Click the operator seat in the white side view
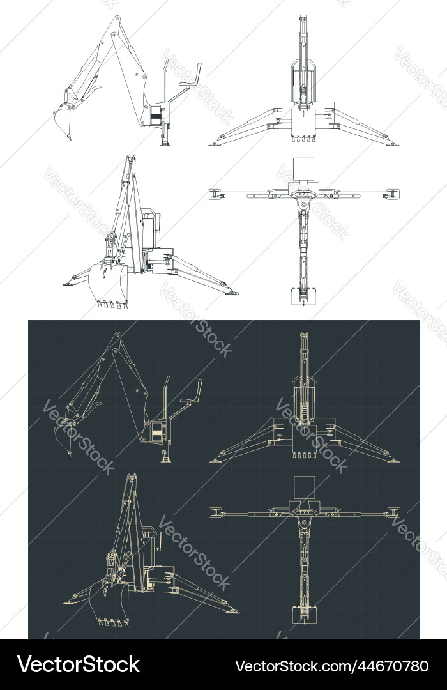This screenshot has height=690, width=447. coord(187,85)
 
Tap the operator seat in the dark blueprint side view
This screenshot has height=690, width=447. coord(188,401)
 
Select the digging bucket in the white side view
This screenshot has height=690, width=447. coord(63,121)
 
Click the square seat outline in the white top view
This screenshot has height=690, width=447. coord(303,169)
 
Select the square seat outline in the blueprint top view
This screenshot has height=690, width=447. coord(303,487)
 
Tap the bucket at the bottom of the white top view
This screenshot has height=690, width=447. coord(303,296)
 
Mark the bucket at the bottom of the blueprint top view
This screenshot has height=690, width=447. coord(303,613)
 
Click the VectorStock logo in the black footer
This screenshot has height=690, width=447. coord(79,664)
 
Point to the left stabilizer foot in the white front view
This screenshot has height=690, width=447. coord(215,143)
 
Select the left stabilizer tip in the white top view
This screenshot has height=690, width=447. coord(214,193)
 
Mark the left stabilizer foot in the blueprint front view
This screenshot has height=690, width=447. coord(216,459)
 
